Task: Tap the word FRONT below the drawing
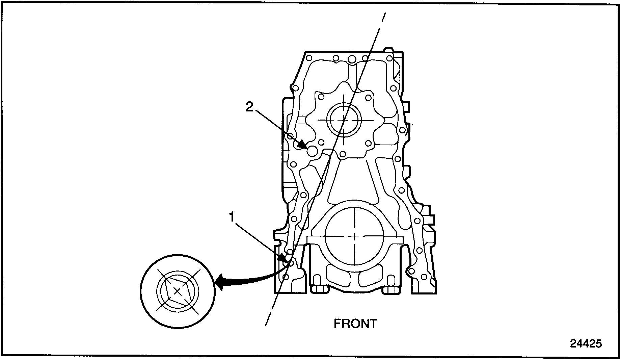[x=355, y=324]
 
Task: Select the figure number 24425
[x=586, y=344]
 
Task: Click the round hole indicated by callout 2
[x=312, y=151]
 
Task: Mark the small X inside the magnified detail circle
[x=177, y=291]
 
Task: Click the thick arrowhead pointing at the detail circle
[x=219, y=282]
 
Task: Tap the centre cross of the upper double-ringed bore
[x=344, y=120]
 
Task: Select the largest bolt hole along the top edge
[x=351, y=59]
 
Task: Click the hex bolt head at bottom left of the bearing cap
[x=317, y=281]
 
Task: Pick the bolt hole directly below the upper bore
[x=343, y=154]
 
